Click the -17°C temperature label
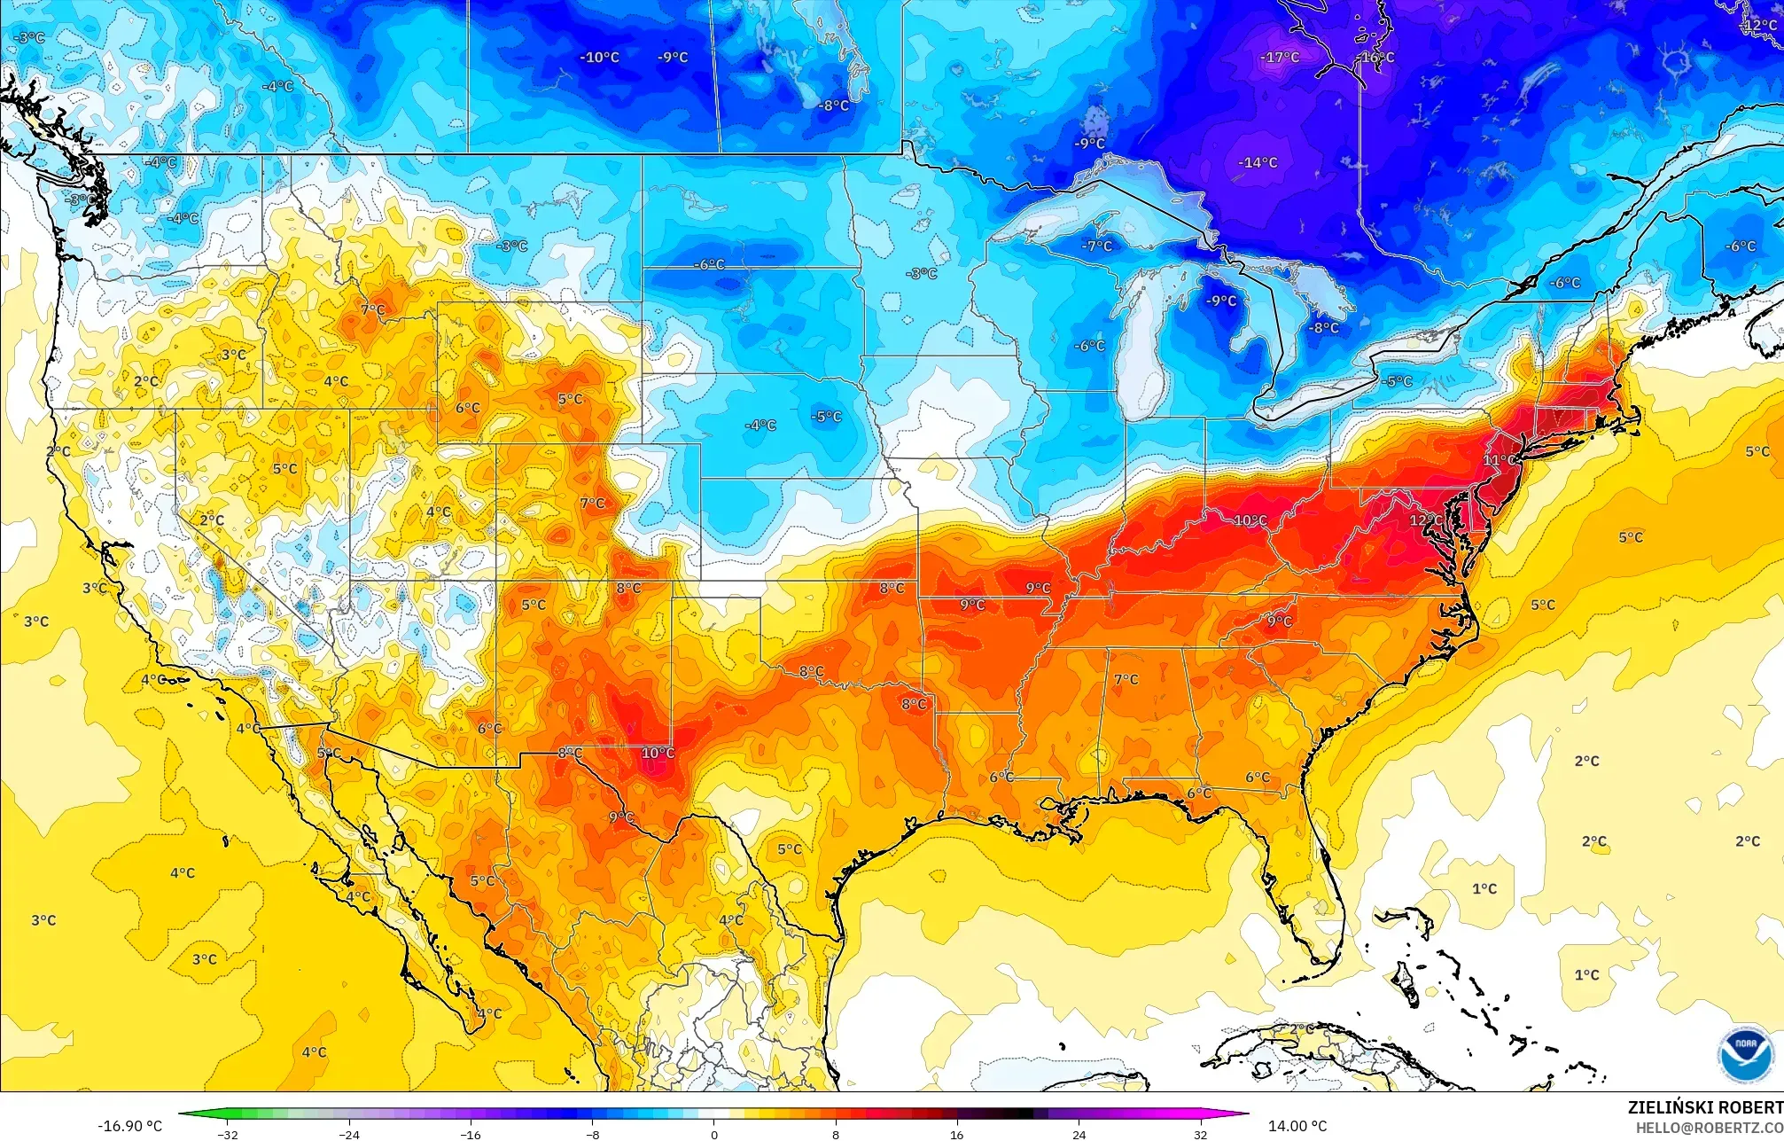(1280, 58)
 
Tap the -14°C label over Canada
(1258, 163)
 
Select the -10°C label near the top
(600, 58)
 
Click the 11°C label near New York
(1499, 461)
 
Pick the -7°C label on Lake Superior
(1097, 246)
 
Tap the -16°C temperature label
(1375, 58)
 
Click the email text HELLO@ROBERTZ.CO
(1709, 1128)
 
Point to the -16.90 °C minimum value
(129, 1126)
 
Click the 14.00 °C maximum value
(1297, 1126)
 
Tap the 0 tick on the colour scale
(714, 1135)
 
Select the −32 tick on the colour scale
(228, 1135)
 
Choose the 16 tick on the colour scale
(957, 1135)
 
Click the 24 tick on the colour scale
(1079, 1135)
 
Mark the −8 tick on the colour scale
(593, 1135)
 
